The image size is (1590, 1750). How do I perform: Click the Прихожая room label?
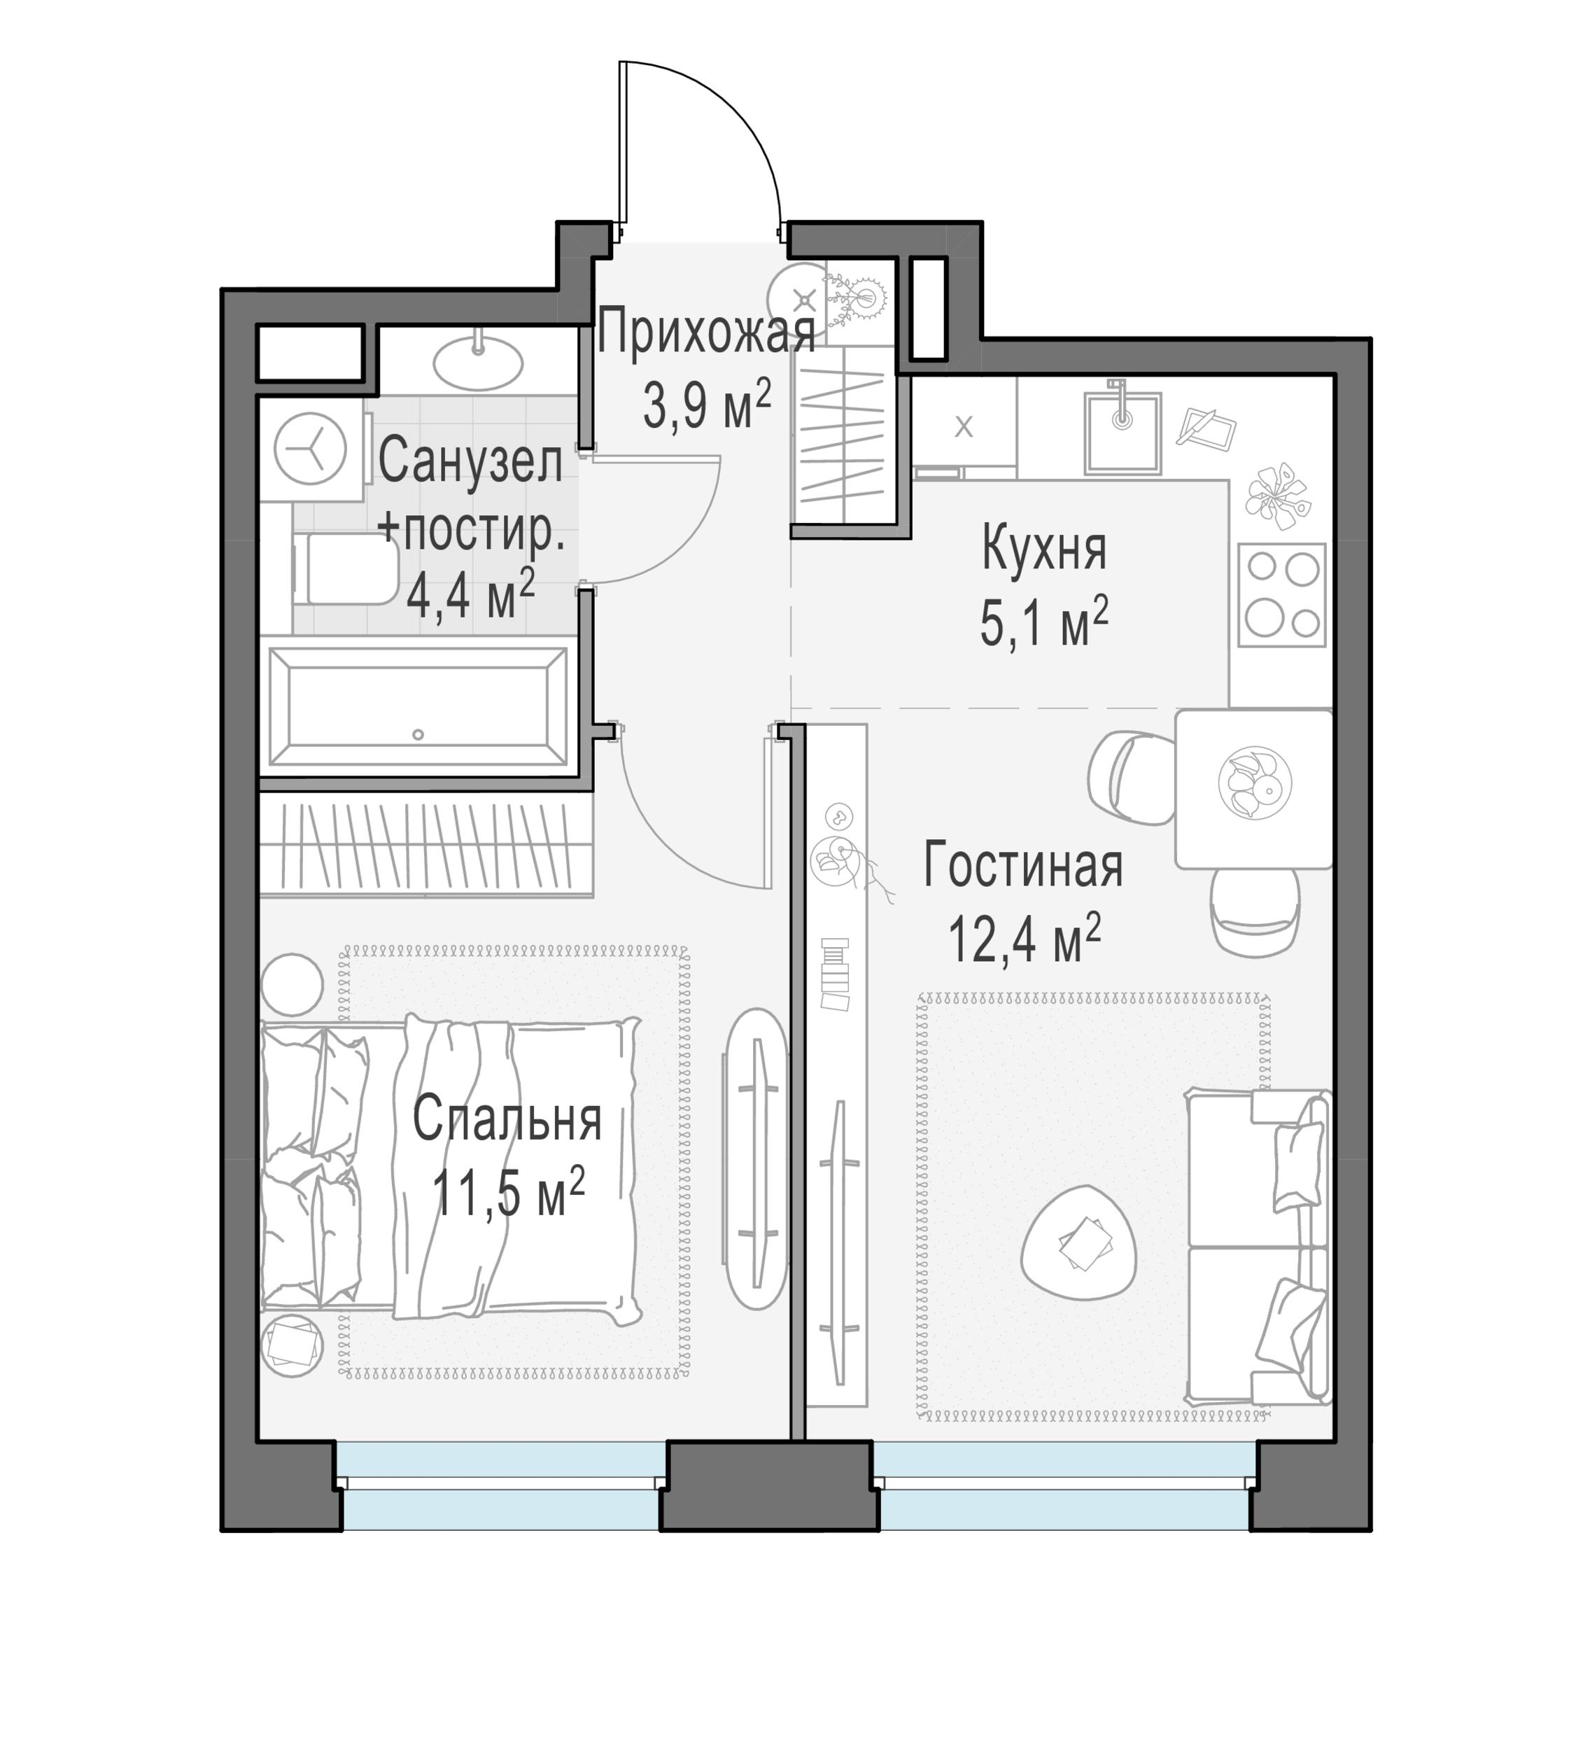point(705,332)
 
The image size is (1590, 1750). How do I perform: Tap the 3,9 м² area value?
point(707,405)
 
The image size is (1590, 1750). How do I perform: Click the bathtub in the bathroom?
point(418,706)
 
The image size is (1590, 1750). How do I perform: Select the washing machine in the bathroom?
point(311,449)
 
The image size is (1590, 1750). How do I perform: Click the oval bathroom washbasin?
point(477,362)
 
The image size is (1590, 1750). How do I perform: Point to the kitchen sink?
point(1123,431)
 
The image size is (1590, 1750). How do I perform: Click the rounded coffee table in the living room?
point(1080,1241)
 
